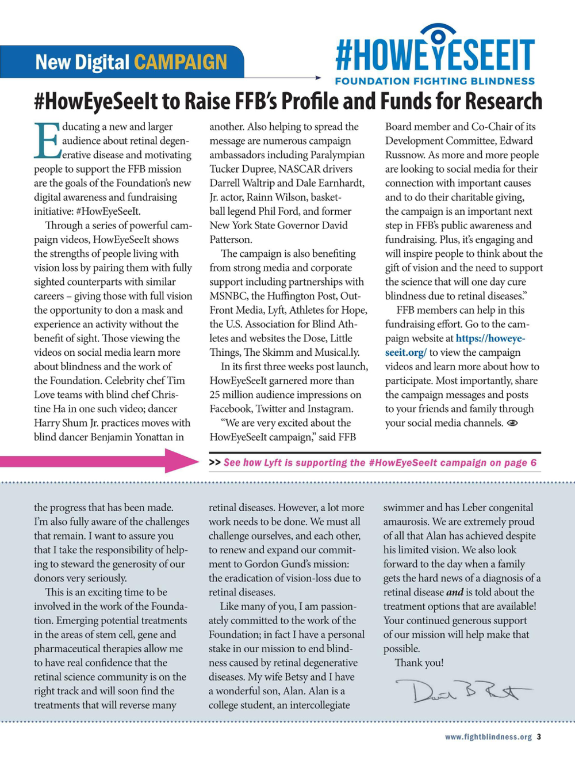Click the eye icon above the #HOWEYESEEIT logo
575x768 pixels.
pyautogui.click(x=437, y=35)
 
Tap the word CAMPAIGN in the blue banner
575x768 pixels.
pyautogui.click(x=181, y=62)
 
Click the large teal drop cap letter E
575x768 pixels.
pyautogui.click(x=47, y=140)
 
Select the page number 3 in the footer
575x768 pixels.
pyautogui.click(x=539, y=736)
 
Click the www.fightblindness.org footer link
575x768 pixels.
pyautogui.click(x=488, y=737)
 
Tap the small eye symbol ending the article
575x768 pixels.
pyautogui.click(x=512, y=423)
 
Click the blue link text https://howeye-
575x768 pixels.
pyautogui.click(x=490, y=339)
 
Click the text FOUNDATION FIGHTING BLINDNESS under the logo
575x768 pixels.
pyautogui.click(x=435, y=81)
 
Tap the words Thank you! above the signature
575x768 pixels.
pyautogui.click(x=419, y=663)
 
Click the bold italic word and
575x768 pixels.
pyautogui.click(x=455, y=592)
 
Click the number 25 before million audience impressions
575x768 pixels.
pyautogui.click(x=216, y=395)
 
